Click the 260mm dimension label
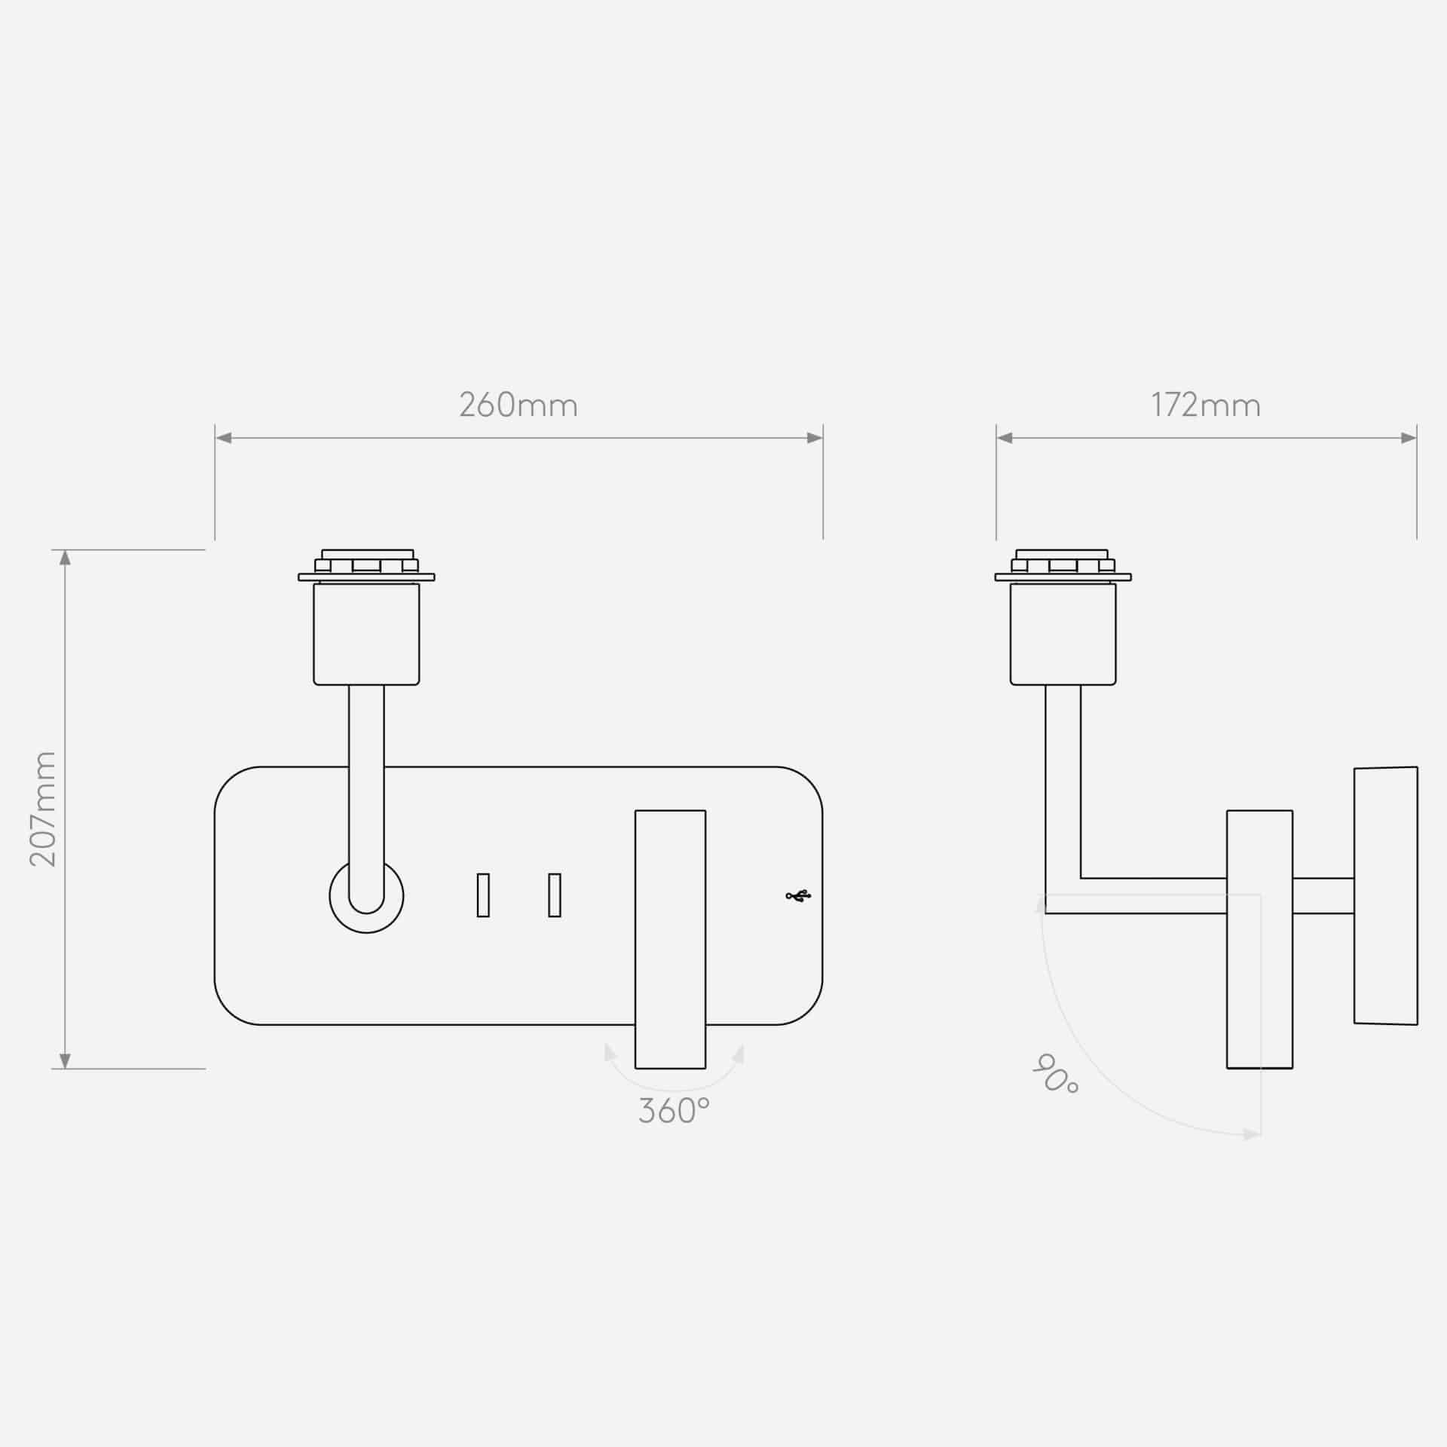(x=519, y=405)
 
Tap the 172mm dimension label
(x=1206, y=405)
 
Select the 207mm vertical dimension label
(x=43, y=809)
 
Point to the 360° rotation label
(x=674, y=1111)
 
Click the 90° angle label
(x=1054, y=1075)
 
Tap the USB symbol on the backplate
(x=798, y=896)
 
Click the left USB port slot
(x=483, y=895)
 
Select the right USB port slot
(x=555, y=895)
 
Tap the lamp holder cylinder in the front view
(x=366, y=634)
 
